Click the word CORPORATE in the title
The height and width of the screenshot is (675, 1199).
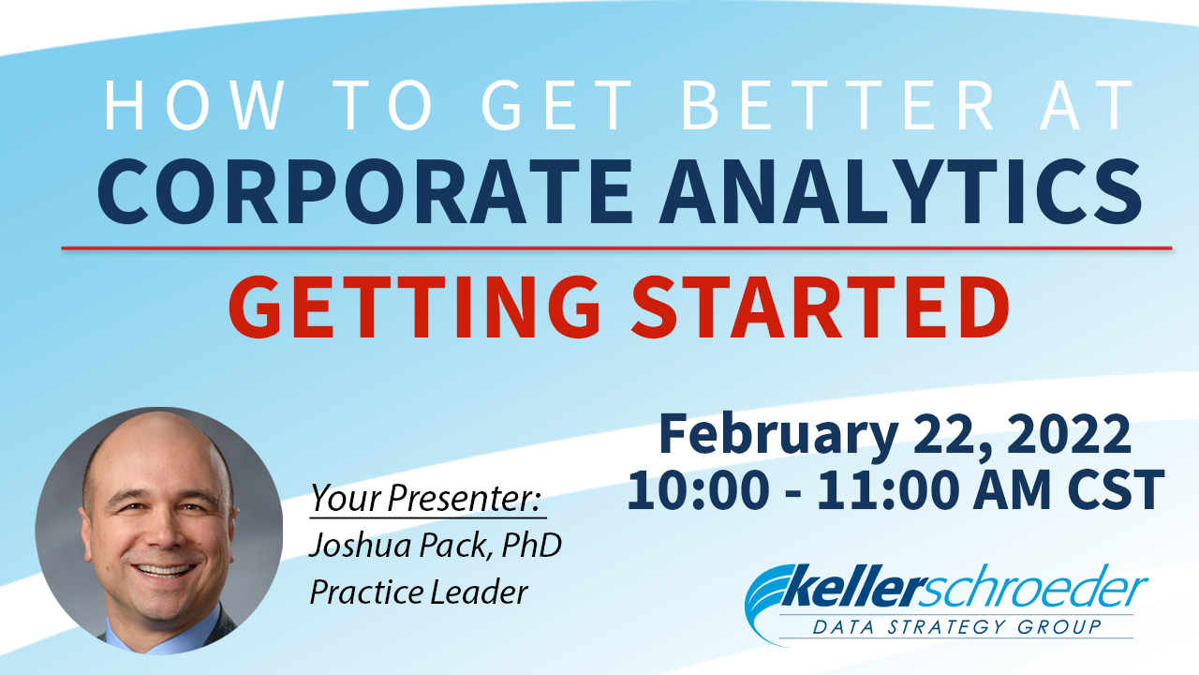coord(365,190)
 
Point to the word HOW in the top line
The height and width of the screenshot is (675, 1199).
coord(194,105)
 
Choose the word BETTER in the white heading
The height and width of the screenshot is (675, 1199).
coord(837,105)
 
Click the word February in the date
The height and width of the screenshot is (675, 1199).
coord(778,435)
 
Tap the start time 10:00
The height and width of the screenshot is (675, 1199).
coord(699,489)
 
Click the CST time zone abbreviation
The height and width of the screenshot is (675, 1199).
coord(1117,489)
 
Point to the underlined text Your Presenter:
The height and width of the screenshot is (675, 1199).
coord(426,498)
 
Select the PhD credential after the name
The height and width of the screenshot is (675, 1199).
coord(531,545)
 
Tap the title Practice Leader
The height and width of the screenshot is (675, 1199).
coord(419,592)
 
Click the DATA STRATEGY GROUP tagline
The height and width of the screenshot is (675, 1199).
coord(956,626)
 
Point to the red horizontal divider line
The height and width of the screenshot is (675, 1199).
coord(616,248)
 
